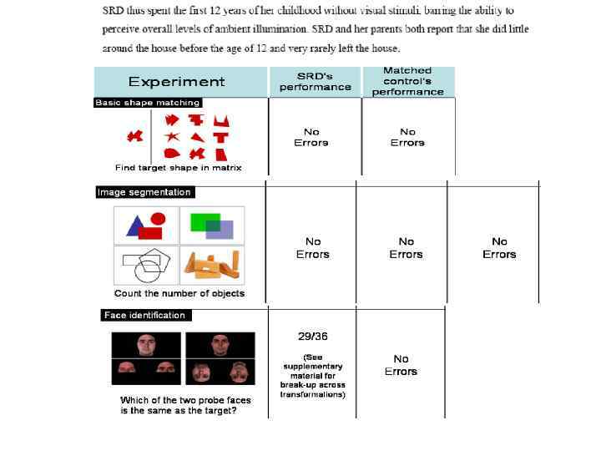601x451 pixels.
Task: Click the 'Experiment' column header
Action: pyautogui.click(x=176, y=82)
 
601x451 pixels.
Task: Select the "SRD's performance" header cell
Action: pyautogui.click(x=315, y=81)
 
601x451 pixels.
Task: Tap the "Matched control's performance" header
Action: pyautogui.click(x=407, y=81)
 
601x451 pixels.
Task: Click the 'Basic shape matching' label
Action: pyautogui.click(x=148, y=103)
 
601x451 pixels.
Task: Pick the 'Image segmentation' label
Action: pyautogui.click(x=144, y=192)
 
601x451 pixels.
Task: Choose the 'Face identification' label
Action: pyautogui.click(x=144, y=315)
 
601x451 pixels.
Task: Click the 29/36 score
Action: pyautogui.click(x=313, y=337)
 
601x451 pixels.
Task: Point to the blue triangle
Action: pyautogui.click(x=134, y=225)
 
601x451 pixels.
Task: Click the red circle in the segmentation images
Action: pyautogui.click(x=157, y=219)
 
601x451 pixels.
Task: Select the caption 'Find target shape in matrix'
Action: pyautogui.click(x=179, y=168)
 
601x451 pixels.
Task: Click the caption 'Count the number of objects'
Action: pyautogui.click(x=179, y=293)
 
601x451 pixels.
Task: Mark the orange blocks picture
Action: pyautogui.click(x=214, y=265)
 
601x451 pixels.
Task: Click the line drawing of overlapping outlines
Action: pyautogui.click(x=147, y=265)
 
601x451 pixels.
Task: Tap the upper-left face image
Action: pyautogui.click(x=146, y=345)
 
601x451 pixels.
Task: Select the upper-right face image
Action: pyautogui.click(x=220, y=345)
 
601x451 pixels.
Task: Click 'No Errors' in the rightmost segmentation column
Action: pyautogui.click(x=499, y=248)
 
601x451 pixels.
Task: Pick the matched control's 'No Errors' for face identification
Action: pyautogui.click(x=401, y=365)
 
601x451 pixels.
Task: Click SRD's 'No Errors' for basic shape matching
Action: pyautogui.click(x=311, y=137)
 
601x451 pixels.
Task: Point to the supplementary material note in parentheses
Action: pyautogui.click(x=313, y=375)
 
